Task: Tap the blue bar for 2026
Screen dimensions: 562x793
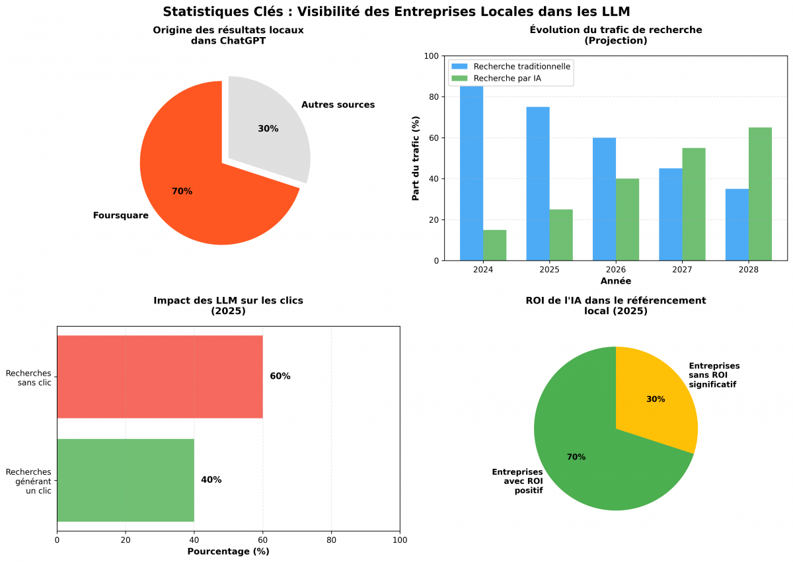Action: pos(604,198)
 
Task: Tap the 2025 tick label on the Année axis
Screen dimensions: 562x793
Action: pos(549,270)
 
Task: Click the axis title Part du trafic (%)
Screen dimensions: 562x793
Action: pos(416,159)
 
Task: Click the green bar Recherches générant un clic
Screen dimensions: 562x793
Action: pos(126,480)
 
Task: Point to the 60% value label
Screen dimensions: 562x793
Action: pos(280,376)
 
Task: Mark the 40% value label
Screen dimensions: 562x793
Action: pos(211,480)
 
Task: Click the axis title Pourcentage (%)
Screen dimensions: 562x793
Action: pos(228,551)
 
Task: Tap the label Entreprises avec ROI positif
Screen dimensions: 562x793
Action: pos(517,481)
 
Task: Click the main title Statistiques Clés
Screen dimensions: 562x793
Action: pos(397,11)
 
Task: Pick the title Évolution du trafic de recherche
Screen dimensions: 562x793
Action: pos(616,30)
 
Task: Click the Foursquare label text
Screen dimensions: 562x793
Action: pos(121,216)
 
